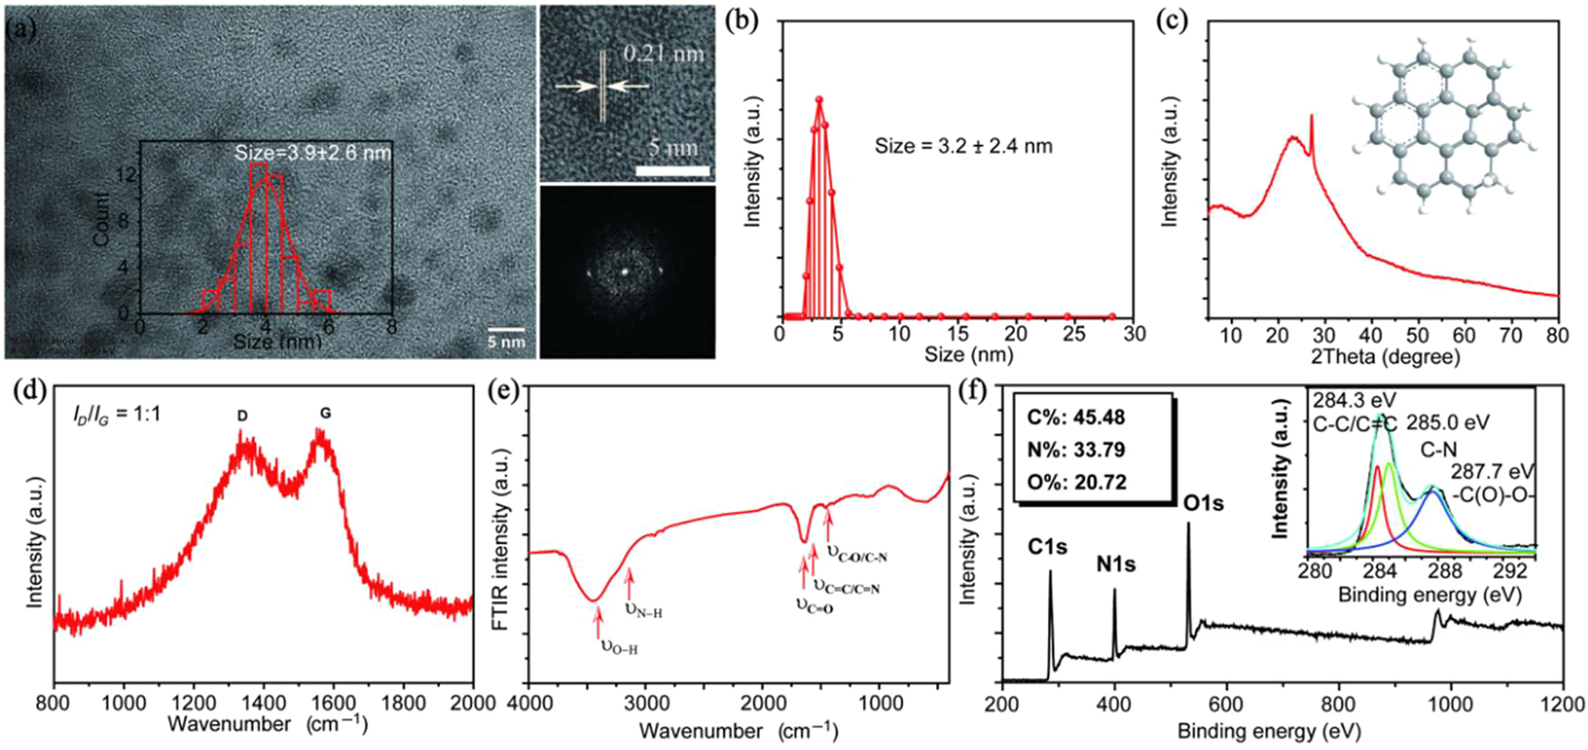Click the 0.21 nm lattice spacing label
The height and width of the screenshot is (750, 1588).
pyautogui.click(x=663, y=54)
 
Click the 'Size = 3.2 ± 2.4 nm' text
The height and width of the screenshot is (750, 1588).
pyautogui.click(x=963, y=146)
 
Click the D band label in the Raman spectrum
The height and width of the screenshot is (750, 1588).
pyautogui.click(x=242, y=417)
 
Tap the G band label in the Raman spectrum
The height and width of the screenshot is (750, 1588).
pyautogui.click(x=325, y=415)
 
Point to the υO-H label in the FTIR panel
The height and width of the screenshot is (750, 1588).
pyautogui.click(x=619, y=647)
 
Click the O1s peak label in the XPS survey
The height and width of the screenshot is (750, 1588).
pyautogui.click(x=1203, y=503)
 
